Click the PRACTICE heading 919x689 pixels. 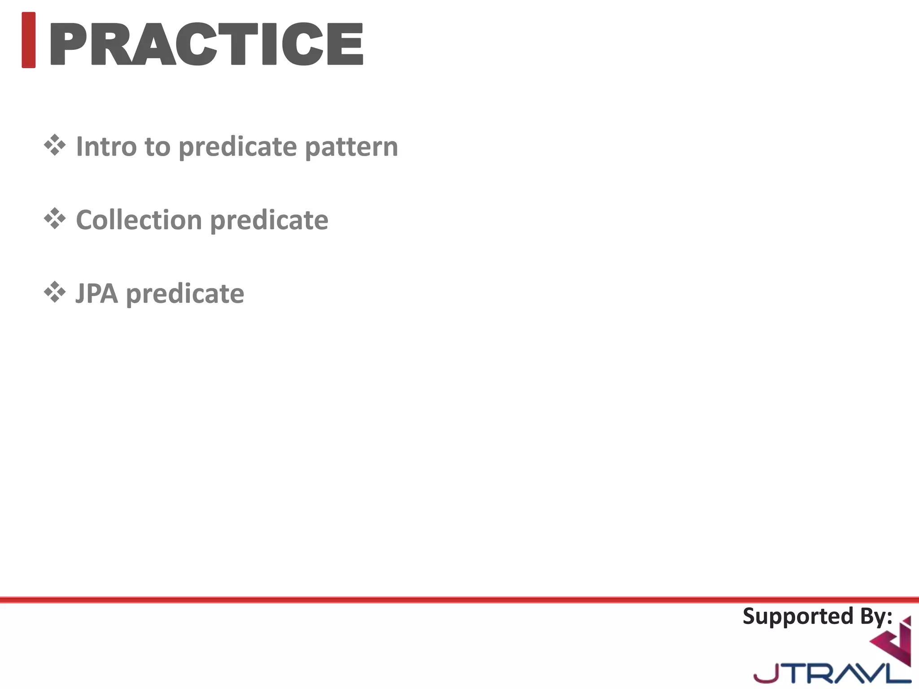click(x=206, y=44)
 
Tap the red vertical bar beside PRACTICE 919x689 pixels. click(x=28, y=40)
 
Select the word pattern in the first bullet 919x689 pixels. click(x=351, y=147)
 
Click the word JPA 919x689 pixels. click(x=96, y=293)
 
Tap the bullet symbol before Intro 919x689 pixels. click(x=55, y=145)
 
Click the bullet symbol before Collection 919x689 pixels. click(x=55, y=219)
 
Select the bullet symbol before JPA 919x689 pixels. click(x=55, y=292)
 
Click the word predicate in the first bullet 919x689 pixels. click(x=238, y=147)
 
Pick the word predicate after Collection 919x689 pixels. click(x=269, y=221)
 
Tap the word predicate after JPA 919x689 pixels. click(x=185, y=294)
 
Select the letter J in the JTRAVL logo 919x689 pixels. click(x=765, y=673)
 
